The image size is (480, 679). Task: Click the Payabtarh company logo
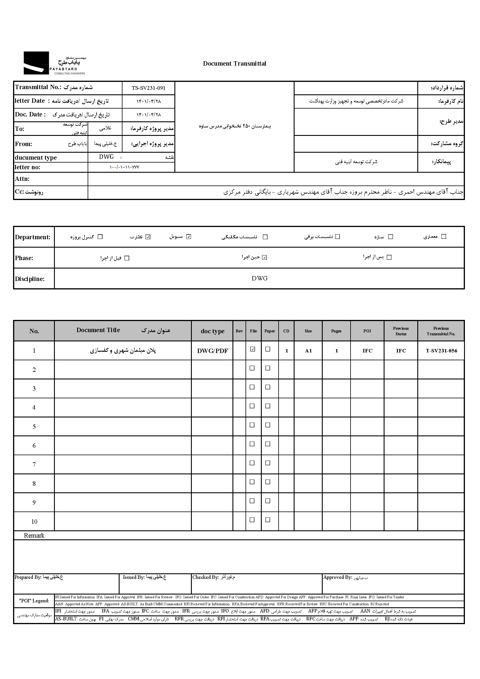click(55, 63)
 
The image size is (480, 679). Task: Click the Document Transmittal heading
click(234, 64)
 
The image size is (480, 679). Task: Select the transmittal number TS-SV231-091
click(148, 88)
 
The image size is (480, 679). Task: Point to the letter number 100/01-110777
click(124, 167)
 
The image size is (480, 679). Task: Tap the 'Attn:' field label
click(22, 179)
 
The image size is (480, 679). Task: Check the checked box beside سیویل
click(189, 237)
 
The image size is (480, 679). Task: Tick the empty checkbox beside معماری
click(443, 236)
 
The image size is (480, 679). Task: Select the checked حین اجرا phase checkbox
click(264, 257)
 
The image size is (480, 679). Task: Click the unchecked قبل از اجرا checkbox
click(127, 258)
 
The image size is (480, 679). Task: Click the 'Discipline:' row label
click(30, 279)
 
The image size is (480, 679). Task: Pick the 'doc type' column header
click(212, 331)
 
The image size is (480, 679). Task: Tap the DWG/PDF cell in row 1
click(212, 351)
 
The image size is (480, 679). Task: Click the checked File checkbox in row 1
click(252, 349)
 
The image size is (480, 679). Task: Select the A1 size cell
click(308, 351)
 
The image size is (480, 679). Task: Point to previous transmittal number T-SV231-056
click(441, 351)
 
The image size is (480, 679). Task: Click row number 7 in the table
click(34, 464)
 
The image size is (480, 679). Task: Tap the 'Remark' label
click(34, 536)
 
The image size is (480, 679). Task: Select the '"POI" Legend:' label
click(34, 601)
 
